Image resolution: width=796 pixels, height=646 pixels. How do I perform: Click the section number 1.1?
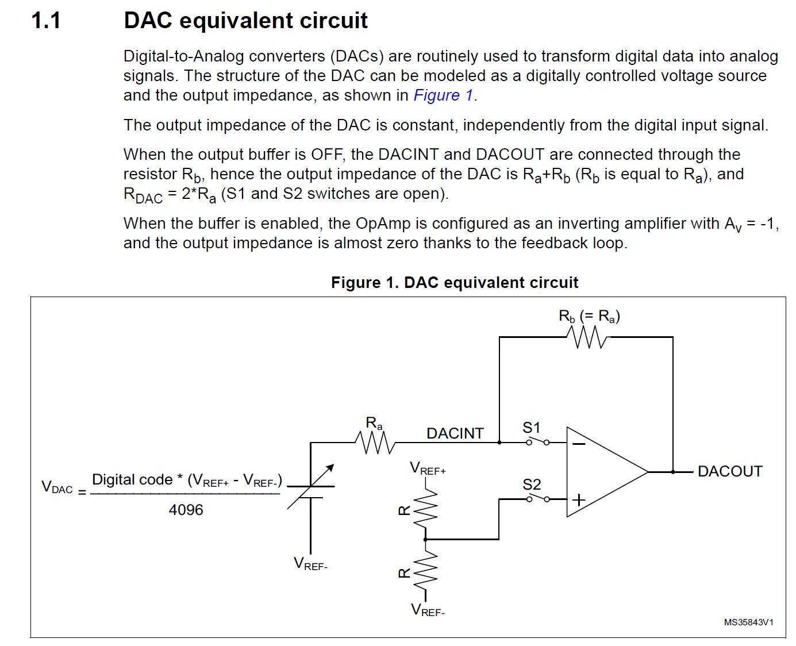coord(46,21)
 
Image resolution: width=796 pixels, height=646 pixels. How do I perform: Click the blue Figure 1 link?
coord(443,95)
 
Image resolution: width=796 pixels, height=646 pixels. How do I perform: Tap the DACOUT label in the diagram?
coord(729,471)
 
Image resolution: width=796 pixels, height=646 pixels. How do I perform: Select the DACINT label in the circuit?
coord(455,433)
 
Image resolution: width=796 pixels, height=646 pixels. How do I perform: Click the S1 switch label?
coord(532,428)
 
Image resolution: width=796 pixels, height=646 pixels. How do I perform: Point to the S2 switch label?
coord(532,484)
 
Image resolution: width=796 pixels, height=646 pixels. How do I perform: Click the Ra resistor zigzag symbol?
coord(375,443)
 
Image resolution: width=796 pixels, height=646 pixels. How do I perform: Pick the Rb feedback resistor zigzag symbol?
coord(586,337)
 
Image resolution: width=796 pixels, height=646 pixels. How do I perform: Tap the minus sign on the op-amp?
coord(579,443)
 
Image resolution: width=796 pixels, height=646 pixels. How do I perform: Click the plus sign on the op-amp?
coord(579,499)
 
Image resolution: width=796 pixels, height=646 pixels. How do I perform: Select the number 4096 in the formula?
coord(186,510)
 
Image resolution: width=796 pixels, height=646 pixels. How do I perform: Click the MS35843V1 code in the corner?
coord(748,622)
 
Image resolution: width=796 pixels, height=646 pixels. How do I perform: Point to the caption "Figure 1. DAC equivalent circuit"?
coord(454,283)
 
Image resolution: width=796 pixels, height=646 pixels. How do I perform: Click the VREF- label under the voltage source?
coord(310,564)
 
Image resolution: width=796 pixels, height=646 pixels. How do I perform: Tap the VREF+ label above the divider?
coord(428,468)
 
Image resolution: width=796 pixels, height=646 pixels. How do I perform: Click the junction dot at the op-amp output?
coord(672,472)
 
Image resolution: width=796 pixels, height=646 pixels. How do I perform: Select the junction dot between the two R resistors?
coord(425,539)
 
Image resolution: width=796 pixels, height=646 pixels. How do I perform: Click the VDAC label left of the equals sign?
coord(57,487)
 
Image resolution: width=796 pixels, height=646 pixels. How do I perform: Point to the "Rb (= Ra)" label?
coord(589,316)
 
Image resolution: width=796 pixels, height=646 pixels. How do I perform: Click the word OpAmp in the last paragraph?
coord(381,223)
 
